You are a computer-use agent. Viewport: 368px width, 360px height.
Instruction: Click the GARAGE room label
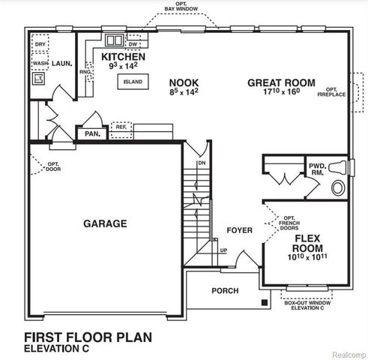(x=105, y=223)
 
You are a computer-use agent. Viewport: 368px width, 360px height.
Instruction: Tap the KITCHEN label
(x=122, y=57)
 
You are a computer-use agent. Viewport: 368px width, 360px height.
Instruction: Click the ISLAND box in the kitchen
(x=133, y=81)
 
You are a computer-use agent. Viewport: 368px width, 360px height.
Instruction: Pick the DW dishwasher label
(x=133, y=44)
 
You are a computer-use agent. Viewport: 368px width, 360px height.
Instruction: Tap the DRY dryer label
(x=40, y=45)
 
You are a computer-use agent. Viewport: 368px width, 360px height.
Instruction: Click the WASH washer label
(x=40, y=64)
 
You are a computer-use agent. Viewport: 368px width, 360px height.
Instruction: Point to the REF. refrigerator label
(x=120, y=127)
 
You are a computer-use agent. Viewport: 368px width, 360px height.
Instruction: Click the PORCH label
(x=226, y=291)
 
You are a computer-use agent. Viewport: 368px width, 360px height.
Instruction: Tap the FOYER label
(x=240, y=229)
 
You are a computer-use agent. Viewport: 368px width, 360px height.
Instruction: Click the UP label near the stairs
(x=223, y=250)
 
